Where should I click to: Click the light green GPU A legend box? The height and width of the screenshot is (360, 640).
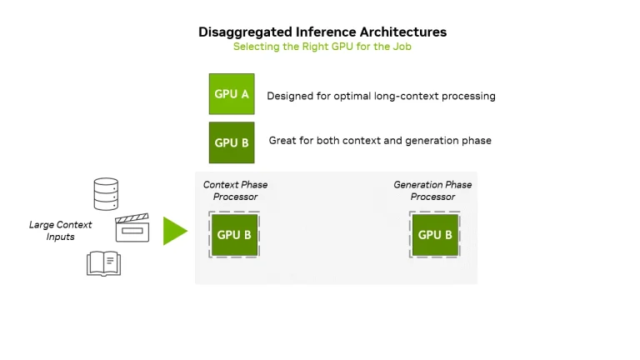click(x=232, y=94)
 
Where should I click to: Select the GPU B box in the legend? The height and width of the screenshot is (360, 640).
click(x=232, y=142)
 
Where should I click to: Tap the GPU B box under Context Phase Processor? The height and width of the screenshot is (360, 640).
click(x=234, y=235)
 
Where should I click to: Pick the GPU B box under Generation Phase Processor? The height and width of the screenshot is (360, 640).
click(x=435, y=235)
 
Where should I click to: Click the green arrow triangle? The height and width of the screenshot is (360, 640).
click(x=174, y=231)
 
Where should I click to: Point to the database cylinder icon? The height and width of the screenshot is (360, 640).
click(x=106, y=193)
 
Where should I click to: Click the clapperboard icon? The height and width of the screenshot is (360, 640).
click(x=132, y=227)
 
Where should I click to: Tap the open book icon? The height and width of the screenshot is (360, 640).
click(x=104, y=264)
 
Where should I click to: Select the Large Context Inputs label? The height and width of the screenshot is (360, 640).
click(x=61, y=231)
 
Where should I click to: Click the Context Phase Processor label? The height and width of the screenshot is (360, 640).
click(x=236, y=191)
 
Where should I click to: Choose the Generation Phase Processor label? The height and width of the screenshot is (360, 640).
click(x=432, y=191)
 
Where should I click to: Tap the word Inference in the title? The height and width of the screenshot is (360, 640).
click(x=322, y=32)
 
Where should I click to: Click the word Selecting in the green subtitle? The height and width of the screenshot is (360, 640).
click(x=256, y=47)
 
